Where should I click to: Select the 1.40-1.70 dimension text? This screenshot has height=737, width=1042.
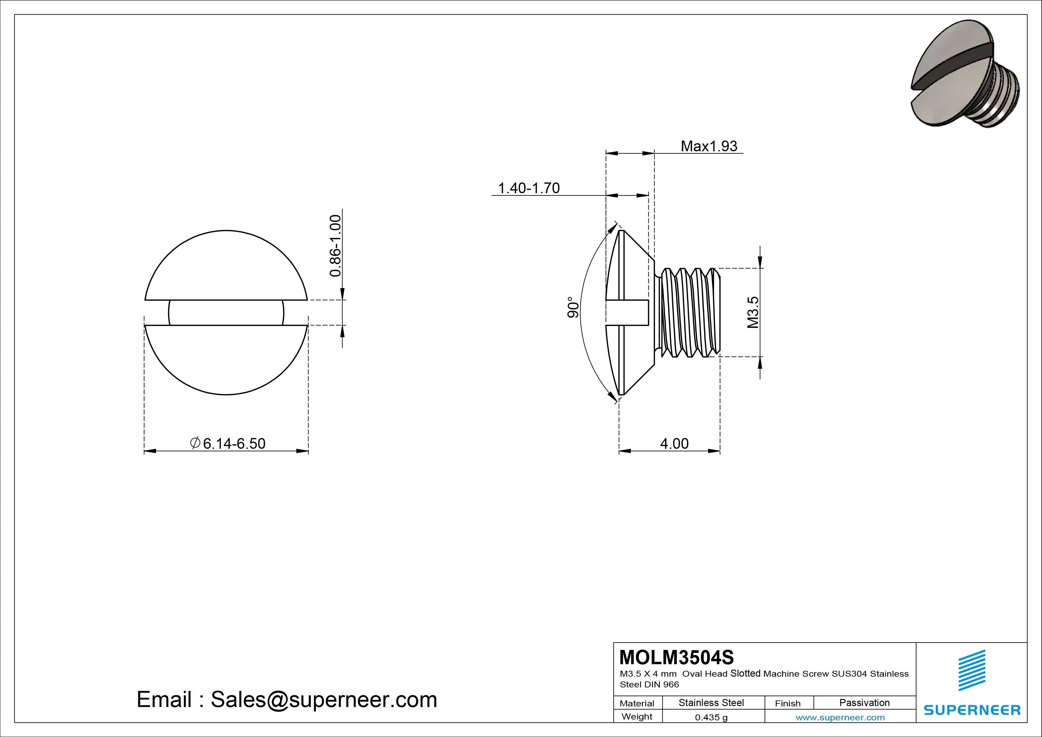click(529, 188)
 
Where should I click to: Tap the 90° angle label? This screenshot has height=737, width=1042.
click(573, 307)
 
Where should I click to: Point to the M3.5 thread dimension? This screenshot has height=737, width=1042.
click(753, 312)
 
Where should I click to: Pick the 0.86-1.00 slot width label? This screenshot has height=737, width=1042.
click(335, 246)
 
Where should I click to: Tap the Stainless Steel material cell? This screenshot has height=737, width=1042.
click(711, 703)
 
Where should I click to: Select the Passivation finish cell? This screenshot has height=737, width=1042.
click(864, 703)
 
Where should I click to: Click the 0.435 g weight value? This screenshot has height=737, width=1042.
click(711, 717)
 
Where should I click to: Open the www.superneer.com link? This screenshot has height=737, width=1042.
click(840, 717)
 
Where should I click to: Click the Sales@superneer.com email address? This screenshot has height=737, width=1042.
click(323, 700)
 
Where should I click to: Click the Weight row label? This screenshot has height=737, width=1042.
click(637, 716)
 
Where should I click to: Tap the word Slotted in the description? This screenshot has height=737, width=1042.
click(746, 673)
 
